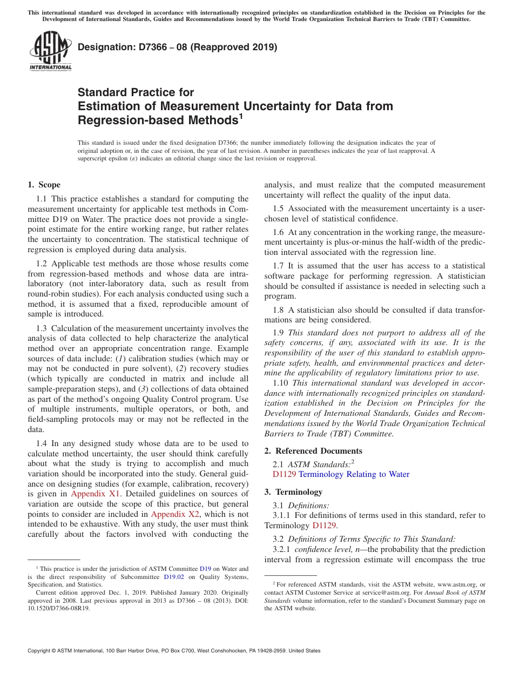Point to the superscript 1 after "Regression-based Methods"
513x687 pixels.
click(x=241, y=116)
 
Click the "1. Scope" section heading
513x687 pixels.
click(x=44, y=185)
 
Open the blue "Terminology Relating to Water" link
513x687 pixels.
click(x=354, y=474)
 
